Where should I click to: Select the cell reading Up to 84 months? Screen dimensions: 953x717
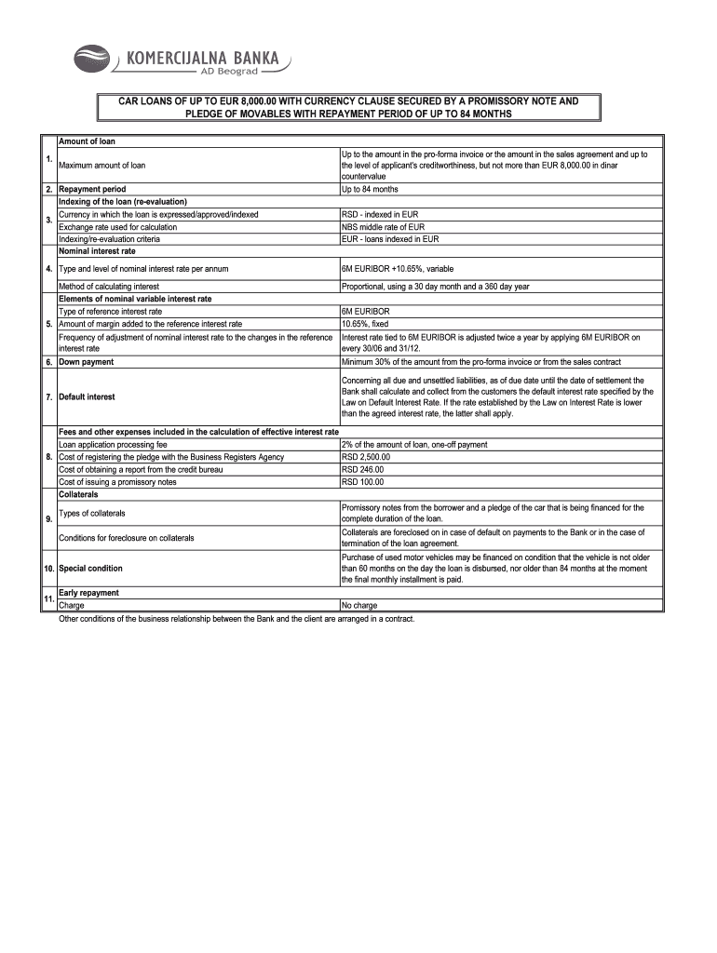(x=370, y=189)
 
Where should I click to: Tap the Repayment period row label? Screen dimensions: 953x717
(x=92, y=189)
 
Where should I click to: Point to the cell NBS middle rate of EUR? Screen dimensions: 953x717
(x=383, y=226)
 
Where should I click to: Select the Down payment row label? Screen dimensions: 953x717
(x=87, y=361)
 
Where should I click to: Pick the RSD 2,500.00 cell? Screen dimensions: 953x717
(x=366, y=457)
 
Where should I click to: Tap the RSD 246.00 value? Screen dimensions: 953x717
(x=363, y=469)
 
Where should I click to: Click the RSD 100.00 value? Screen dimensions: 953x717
(x=363, y=482)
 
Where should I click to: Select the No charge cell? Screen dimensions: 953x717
(x=359, y=605)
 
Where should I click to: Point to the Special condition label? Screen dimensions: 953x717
(x=90, y=568)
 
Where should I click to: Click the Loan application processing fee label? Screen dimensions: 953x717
(x=113, y=445)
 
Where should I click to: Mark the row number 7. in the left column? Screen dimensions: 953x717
(x=48, y=396)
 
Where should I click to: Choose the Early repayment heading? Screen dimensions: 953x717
(x=88, y=592)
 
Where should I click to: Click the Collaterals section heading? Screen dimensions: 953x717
(x=81, y=494)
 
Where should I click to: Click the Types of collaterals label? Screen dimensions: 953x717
(x=92, y=513)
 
